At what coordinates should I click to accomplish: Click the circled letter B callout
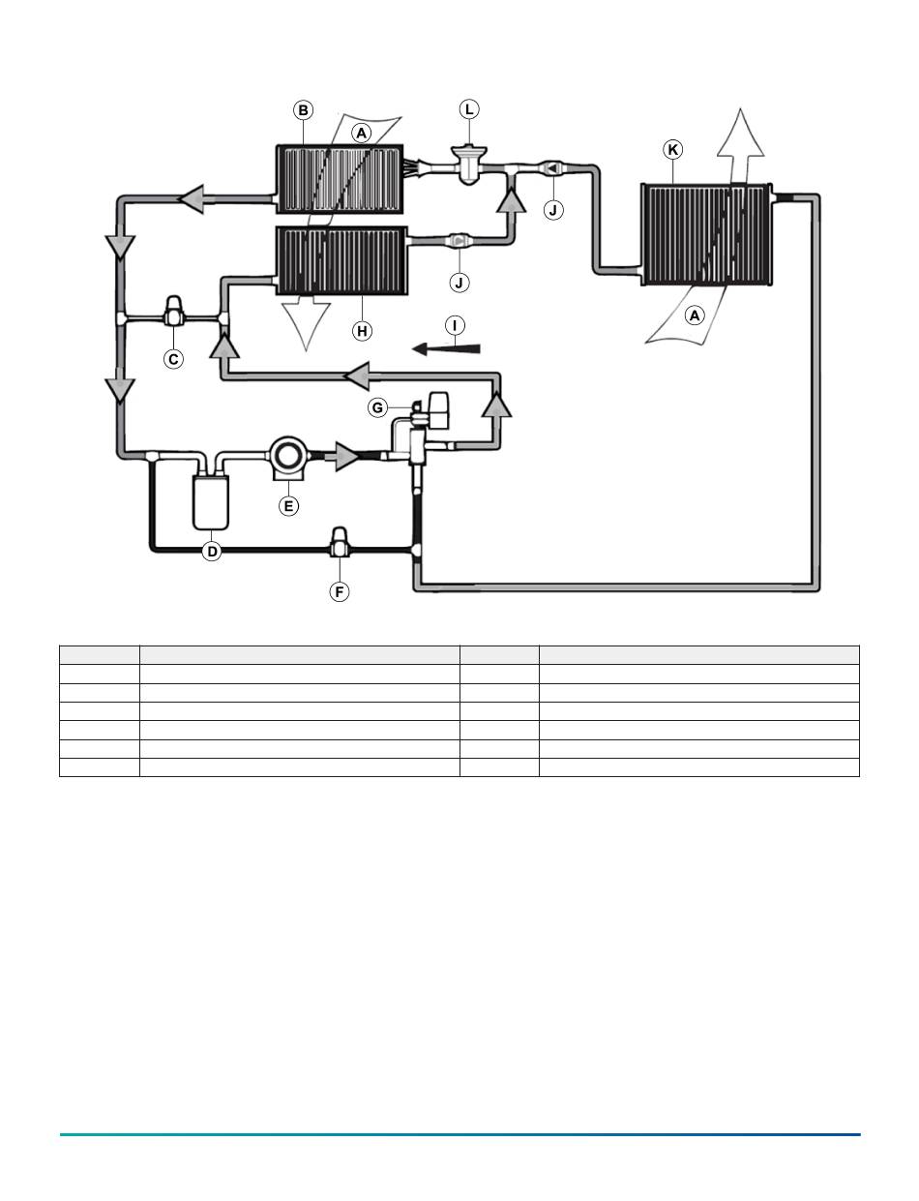(303, 110)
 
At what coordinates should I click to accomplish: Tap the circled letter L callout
(469, 109)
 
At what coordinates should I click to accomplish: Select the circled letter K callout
(672, 150)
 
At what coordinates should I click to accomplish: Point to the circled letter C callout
(173, 359)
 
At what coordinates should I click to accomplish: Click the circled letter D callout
(212, 551)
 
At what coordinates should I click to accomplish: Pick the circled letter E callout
(288, 506)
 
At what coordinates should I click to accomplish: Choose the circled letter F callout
(340, 592)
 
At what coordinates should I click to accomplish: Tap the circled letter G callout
(378, 407)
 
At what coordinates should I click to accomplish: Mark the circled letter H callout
(362, 331)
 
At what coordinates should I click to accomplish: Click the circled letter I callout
(455, 325)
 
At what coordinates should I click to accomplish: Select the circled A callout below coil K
(695, 315)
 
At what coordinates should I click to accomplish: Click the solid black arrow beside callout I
(446, 348)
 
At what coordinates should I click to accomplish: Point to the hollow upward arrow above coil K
(740, 145)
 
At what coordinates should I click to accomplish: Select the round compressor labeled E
(288, 457)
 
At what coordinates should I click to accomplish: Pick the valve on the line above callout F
(340, 543)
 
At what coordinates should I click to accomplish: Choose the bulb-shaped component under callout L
(468, 165)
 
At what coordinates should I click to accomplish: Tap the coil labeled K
(706, 234)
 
